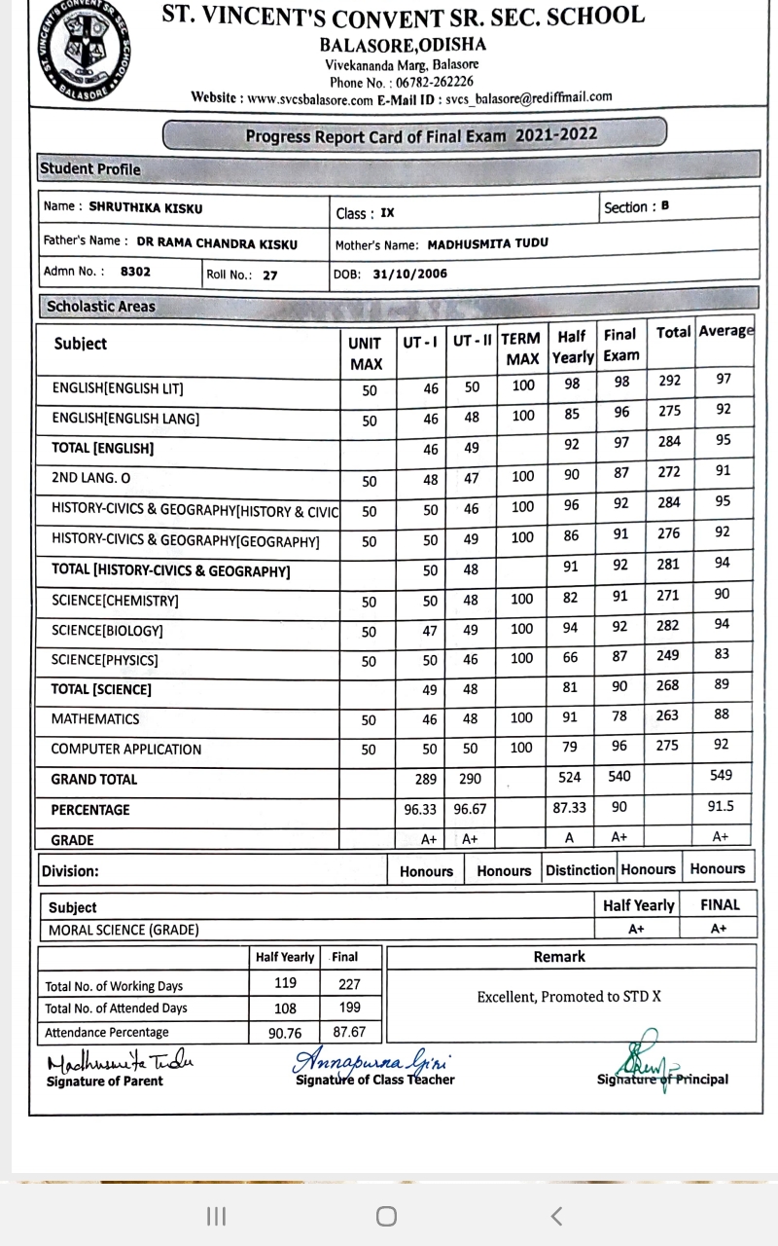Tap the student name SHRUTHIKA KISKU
146,207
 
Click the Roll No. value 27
269,275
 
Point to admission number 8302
135,274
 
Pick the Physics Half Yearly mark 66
572,658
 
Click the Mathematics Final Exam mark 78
620,717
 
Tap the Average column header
726,331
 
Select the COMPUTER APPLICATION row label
126,750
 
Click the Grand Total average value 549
722,776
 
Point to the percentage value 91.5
722,807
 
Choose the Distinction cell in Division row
580,869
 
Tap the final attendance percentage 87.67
348,1031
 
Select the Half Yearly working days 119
286,983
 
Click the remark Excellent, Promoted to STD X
569,997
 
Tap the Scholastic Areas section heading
100,307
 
